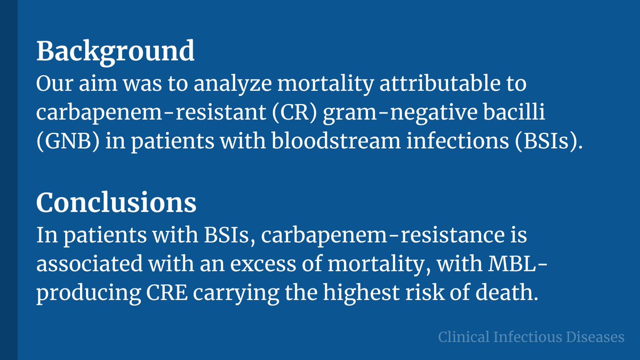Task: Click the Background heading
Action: [115, 51]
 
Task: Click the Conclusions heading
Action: [116, 203]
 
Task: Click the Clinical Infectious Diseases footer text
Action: [531, 337]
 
